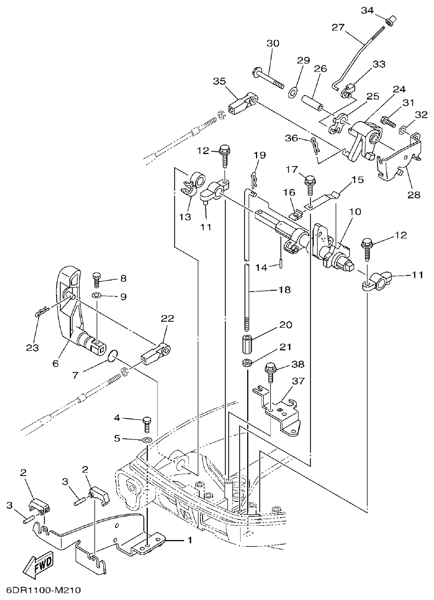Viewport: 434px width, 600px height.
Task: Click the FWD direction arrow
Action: coord(38,565)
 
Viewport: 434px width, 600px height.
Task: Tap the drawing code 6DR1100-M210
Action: coord(41,591)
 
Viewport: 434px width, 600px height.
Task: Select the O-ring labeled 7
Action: coord(113,356)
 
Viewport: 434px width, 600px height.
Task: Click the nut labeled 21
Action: coord(247,363)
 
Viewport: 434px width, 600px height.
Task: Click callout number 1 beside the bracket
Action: coord(190,541)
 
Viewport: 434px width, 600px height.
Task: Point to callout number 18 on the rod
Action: coord(284,289)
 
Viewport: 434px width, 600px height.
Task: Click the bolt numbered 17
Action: coord(309,181)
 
